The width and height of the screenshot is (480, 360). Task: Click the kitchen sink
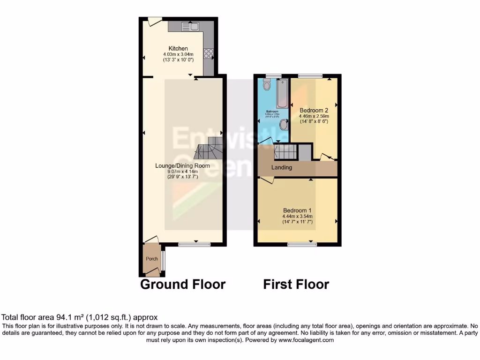pyautogui.click(x=190, y=27)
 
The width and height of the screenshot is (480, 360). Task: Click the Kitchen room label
pyautogui.click(x=178, y=48)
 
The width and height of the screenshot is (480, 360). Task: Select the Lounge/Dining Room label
pyautogui.click(x=177, y=165)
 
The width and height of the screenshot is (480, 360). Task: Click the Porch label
pyautogui.click(x=151, y=259)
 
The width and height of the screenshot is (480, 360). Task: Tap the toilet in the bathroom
pyautogui.click(x=267, y=85)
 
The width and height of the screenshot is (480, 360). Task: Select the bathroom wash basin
pyautogui.click(x=284, y=125)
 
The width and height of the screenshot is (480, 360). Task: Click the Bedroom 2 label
pyautogui.click(x=314, y=110)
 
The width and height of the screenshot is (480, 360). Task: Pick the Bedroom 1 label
pyautogui.click(x=297, y=210)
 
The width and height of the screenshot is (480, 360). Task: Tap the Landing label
pyautogui.click(x=282, y=167)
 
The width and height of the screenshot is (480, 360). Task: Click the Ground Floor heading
pyautogui.click(x=183, y=284)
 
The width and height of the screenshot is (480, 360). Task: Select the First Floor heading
pyautogui.click(x=296, y=284)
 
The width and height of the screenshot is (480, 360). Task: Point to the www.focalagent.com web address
pyautogui.click(x=307, y=340)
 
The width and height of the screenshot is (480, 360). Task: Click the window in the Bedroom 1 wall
pyautogui.click(x=301, y=244)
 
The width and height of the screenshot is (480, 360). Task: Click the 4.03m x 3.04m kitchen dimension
pyautogui.click(x=178, y=54)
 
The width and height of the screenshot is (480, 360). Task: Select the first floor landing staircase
pyautogui.click(x=285, y=152)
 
